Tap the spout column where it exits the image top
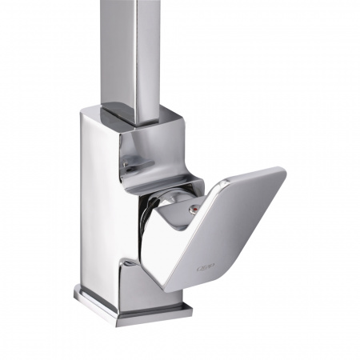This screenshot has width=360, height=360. tap(132, 3)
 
